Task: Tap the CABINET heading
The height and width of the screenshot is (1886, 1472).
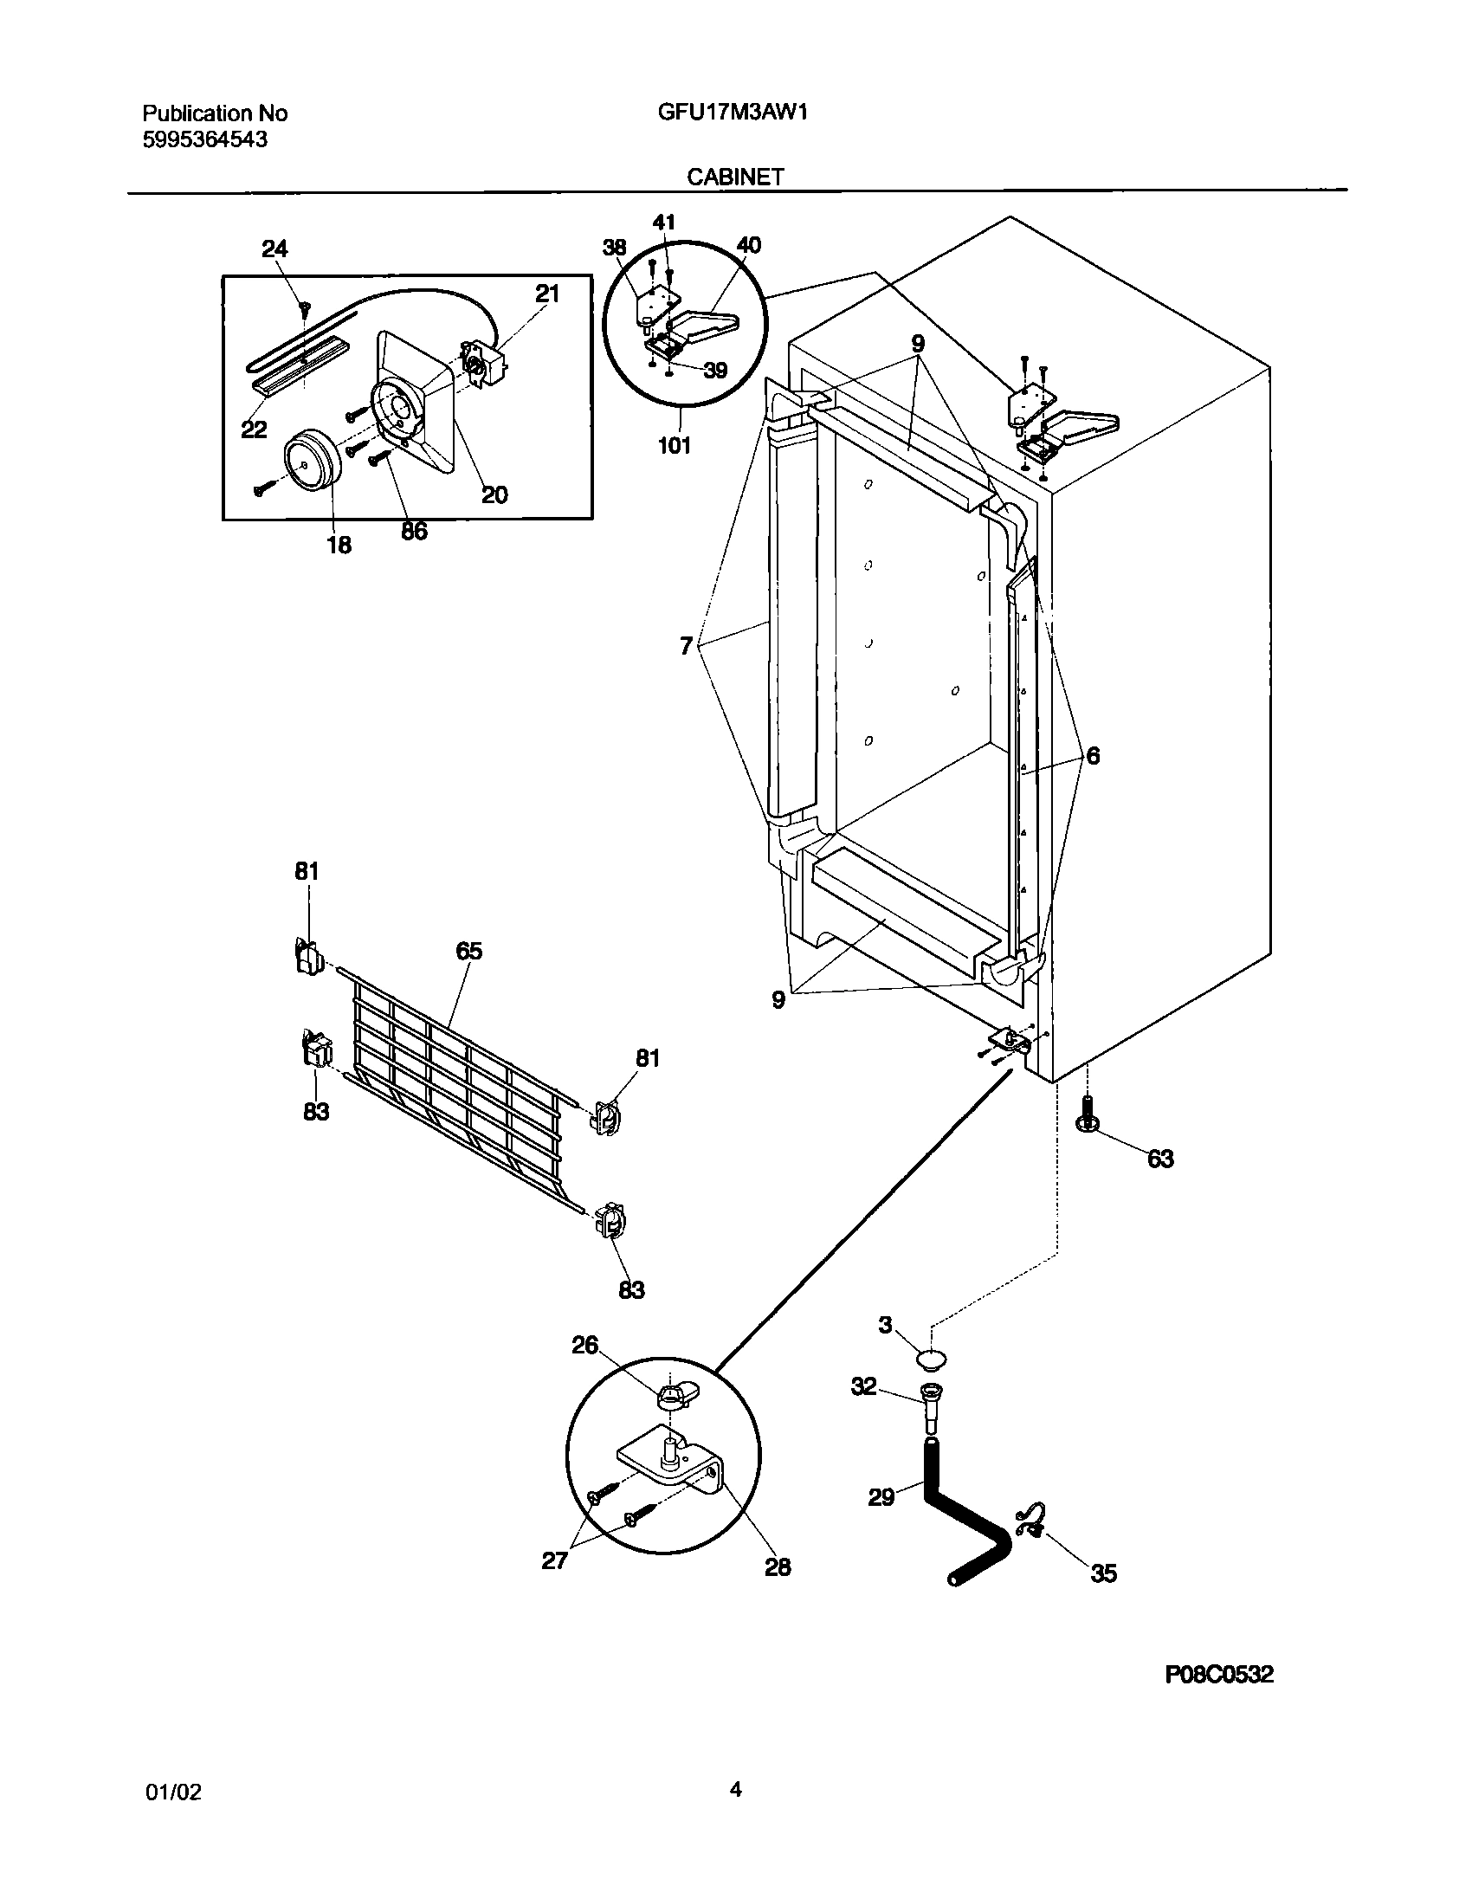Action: pos(735,177)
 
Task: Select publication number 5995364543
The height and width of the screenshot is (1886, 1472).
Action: pos(204,139)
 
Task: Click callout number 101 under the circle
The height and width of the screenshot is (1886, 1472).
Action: pos(675,446)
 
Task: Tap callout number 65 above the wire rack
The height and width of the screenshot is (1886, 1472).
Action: pos(469,951)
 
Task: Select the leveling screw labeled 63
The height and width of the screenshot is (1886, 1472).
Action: pos(1086,1114)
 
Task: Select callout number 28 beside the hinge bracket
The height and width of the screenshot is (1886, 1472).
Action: pos(778,1566)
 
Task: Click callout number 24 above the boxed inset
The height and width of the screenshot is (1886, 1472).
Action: pos(274,249)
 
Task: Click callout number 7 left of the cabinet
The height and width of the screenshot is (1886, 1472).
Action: pos(686,646)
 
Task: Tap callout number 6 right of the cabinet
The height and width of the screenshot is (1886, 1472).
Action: pos(1093,756)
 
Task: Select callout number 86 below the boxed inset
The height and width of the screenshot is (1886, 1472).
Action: pos(414,532)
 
